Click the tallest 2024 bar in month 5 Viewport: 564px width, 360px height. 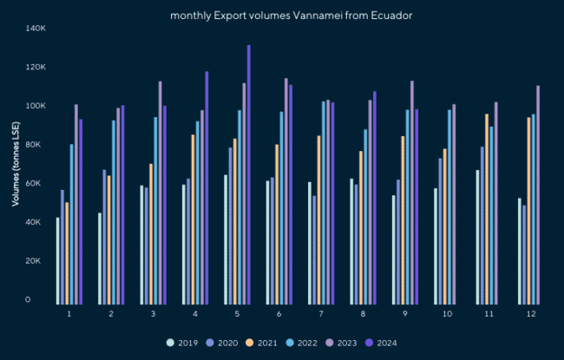pos(248,173)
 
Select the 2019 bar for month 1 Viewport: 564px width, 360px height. pos(58,260)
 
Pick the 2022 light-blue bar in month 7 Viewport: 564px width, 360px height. pos(324,202)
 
